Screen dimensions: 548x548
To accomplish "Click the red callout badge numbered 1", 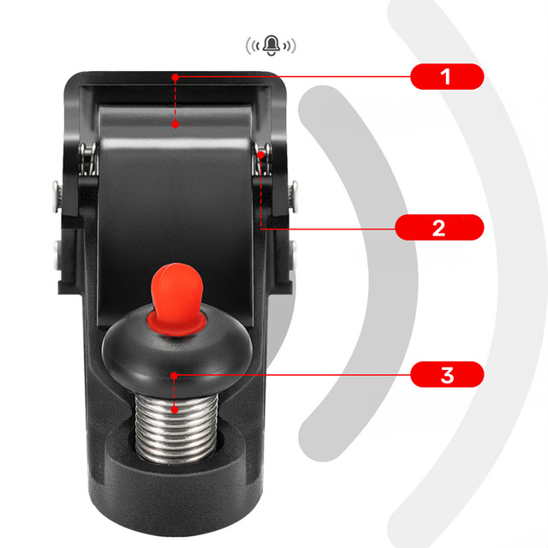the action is (447, 76).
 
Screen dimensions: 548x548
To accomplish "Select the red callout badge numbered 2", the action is (439, 228).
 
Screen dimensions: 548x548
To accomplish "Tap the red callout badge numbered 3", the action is (447, 375).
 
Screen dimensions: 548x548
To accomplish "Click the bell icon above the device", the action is (271, 45).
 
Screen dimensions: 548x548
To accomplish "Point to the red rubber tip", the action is (177, 297).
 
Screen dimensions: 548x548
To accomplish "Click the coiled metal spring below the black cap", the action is (176, 427).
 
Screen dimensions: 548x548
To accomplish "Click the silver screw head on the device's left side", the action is (56, 196).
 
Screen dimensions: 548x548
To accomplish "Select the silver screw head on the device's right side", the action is (295, 196).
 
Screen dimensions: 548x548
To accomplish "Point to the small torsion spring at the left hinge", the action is (87, 159).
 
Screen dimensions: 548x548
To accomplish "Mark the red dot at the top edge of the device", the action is (176, 77).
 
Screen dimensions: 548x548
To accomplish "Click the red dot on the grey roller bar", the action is (176, 124).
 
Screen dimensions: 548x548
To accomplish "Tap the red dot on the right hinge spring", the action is (260, 154).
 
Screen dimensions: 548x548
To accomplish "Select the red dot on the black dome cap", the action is (174, 376).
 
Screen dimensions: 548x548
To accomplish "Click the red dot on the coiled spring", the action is (175, 409).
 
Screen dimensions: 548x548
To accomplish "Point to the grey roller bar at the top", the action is (175, 122).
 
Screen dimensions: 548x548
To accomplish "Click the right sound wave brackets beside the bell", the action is (289, 45).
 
